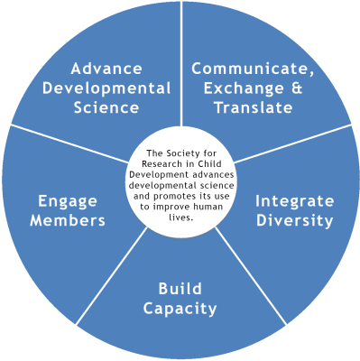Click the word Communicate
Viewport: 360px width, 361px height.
(265, 69)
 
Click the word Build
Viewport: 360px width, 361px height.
(180, 289)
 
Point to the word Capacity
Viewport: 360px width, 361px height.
(180, 309)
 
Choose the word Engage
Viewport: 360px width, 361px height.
(70, 200)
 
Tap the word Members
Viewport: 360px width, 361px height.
(70, 219)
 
